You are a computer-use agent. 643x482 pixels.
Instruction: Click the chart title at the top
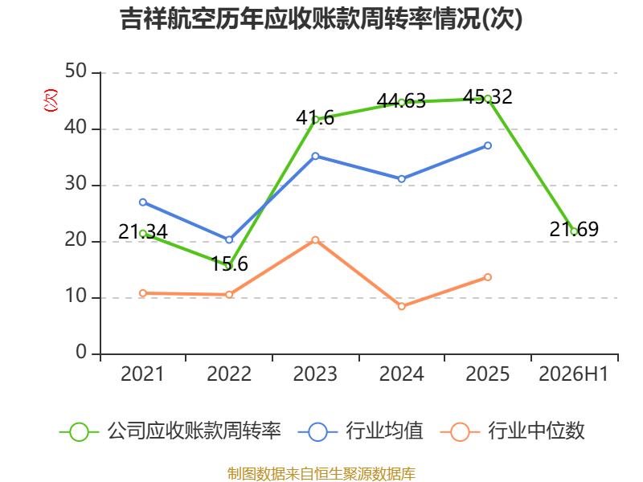pos(321,18)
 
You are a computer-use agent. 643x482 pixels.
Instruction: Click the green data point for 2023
pos(315,120)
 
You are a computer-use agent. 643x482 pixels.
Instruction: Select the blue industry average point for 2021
pos(143,202)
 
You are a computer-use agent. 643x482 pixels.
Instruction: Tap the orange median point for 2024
pos(401,306)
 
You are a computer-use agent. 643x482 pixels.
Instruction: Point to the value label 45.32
pos(488,97)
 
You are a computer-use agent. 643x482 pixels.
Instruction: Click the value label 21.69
pos(574,229)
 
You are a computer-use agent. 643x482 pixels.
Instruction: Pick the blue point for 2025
pos(488,145)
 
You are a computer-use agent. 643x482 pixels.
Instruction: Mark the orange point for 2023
pos(315,239)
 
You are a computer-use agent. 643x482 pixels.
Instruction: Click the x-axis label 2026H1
pos(574,374)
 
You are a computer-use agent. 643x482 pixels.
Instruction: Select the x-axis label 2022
pos(229,374)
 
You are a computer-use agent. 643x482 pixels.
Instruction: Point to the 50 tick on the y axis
pos(76,71)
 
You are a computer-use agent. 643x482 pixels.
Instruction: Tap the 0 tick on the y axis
pos(81,352)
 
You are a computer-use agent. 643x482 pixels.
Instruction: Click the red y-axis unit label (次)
pos(51,100)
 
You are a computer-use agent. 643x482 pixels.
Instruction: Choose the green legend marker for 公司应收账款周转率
pos(79,432)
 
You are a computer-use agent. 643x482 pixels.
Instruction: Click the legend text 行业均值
pos(384,431)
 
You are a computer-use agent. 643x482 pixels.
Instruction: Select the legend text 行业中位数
pos(536,431)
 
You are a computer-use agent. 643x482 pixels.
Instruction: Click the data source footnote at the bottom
pos(321,474)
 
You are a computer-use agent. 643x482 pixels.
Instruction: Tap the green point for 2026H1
pos(574,231)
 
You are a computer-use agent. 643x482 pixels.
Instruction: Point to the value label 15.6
pos(229,264)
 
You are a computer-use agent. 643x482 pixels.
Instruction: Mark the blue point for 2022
pos(229,239)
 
